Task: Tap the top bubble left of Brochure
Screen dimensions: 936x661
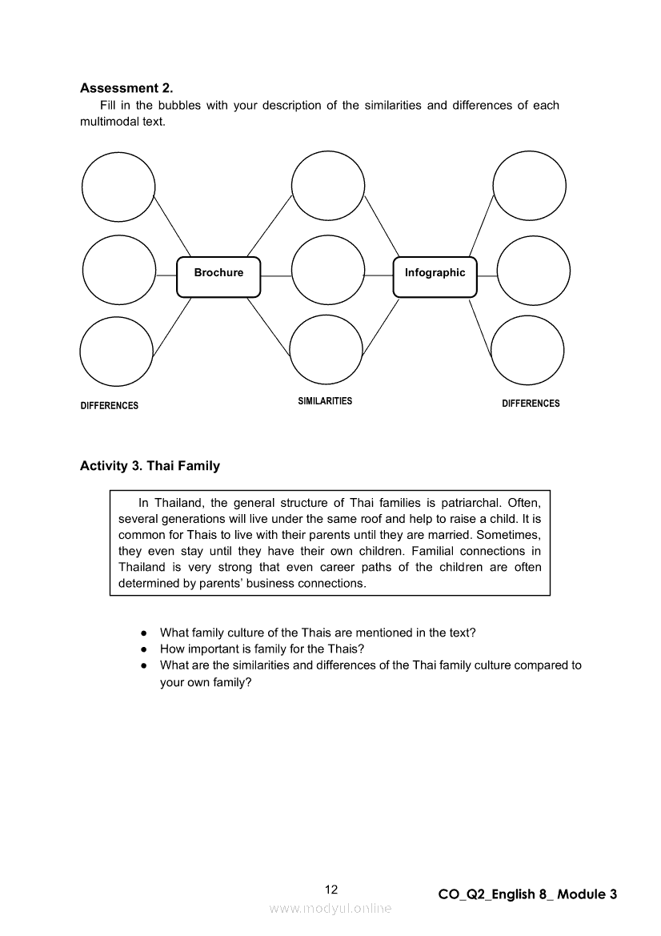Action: (118, 187)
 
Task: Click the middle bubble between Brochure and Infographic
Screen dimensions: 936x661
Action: (327, 271)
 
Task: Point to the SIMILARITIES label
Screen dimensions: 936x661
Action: (325, 400)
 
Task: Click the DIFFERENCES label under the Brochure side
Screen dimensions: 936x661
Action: (110, 405)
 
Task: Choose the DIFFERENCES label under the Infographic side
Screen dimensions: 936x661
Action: (531, 404)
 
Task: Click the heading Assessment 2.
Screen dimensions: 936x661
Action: (126, 88)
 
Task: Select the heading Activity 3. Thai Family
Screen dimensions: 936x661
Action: (150, 465)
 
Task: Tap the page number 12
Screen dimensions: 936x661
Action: (331, 890)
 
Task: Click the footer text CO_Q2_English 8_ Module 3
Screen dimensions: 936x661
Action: (527, 894)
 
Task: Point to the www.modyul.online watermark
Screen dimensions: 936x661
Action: (330, 908)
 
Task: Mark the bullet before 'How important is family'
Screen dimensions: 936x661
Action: (142, 649)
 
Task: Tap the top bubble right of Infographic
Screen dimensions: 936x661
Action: (529, 187)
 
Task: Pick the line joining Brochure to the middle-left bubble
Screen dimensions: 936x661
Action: (166, 275)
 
